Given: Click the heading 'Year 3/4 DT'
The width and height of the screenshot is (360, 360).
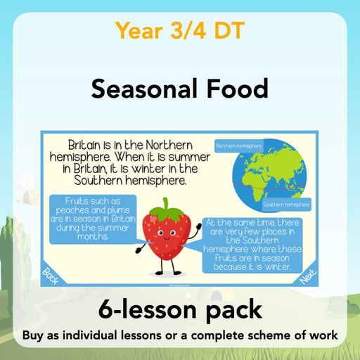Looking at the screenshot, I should pyautogui.click(x=180, y=30).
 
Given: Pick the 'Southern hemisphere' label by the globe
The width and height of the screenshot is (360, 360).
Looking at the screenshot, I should pyautogui.click(x=286, y=205).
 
